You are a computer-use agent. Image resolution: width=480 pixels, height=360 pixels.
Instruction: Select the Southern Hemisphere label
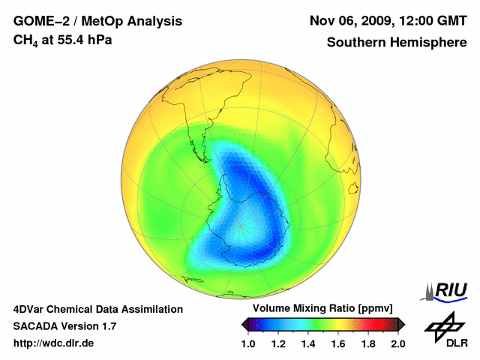coord(397,42)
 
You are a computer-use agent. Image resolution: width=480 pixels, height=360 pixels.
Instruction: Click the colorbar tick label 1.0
coord(249,343)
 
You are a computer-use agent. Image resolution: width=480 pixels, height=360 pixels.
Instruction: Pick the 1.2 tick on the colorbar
coord(279,343)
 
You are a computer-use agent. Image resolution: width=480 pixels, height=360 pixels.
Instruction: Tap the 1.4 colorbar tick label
coord(308,343)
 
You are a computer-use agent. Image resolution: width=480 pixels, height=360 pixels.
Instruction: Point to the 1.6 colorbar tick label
coord(338,343)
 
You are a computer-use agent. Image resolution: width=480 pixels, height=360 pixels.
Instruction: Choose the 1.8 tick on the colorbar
coord(367,343)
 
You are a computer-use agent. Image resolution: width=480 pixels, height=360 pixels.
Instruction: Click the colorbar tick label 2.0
coord(397,343)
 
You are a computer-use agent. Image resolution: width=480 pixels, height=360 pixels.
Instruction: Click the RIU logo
coord(447,290)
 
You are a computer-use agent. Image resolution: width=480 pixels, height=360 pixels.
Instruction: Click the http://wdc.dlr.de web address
coord(54,343)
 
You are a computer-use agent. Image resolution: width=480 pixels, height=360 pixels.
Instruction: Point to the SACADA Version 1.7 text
coord(64,326)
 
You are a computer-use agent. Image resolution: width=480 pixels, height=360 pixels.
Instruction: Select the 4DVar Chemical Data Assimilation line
coord(97,309)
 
